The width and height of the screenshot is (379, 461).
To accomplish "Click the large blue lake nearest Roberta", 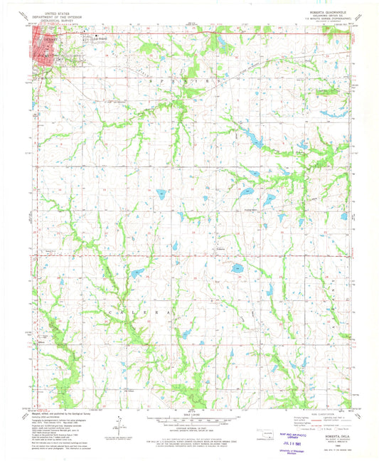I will [237, 269].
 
